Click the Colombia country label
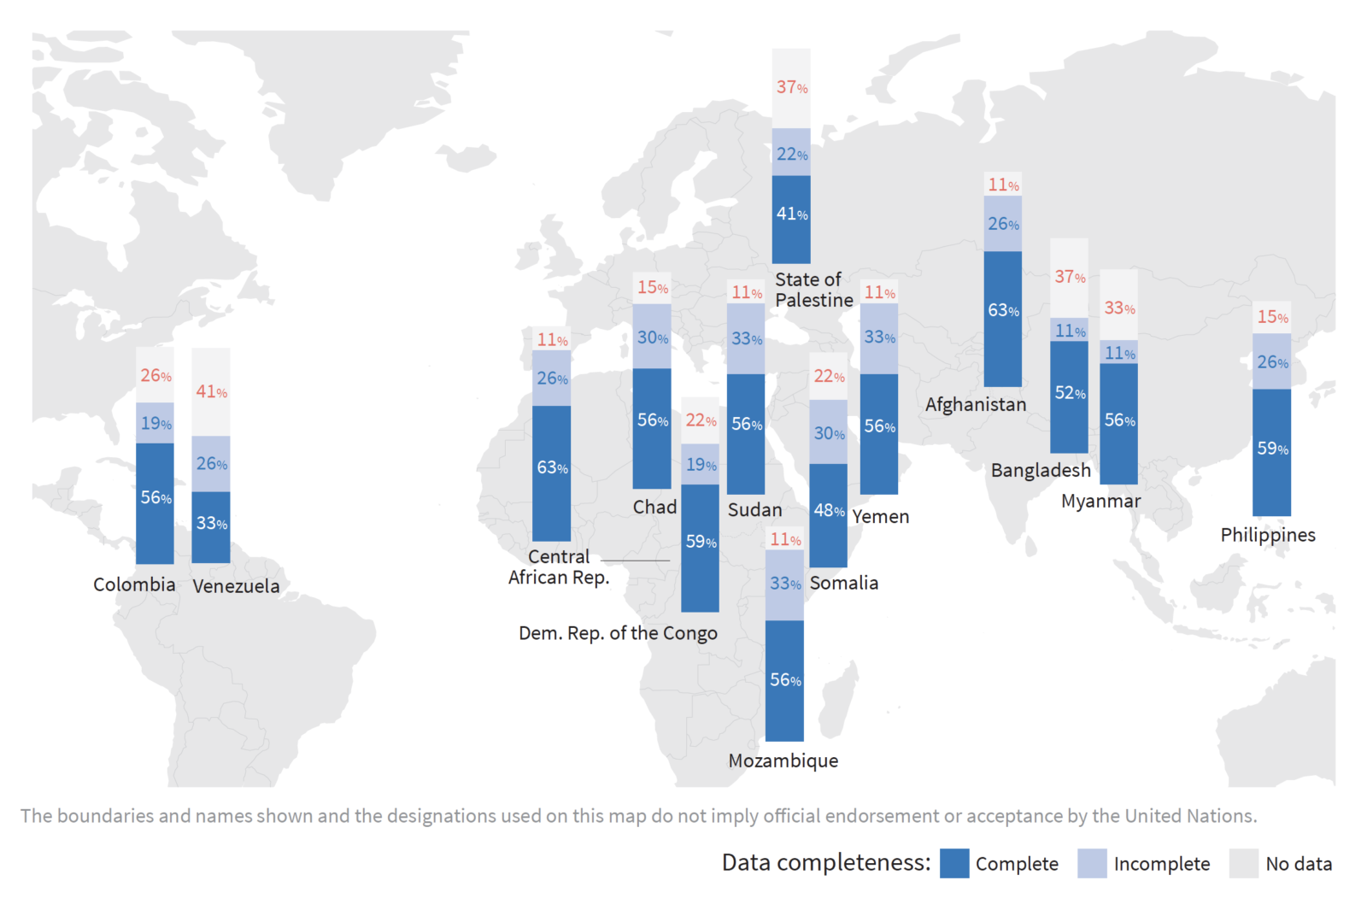pos(134,584)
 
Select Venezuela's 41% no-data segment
pos(210,392)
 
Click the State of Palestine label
pos(813,290)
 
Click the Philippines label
pos(1267,535)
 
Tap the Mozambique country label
pos(783,760)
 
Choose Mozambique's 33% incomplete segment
pos(784,584)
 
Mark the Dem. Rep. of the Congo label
pos(618,633)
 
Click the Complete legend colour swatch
pos(954,863)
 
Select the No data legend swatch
pos(1243,863)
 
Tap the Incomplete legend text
pos(1161,864)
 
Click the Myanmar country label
pos(1100,502)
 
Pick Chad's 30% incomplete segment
pos(652,337)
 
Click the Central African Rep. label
pos(559,567)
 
